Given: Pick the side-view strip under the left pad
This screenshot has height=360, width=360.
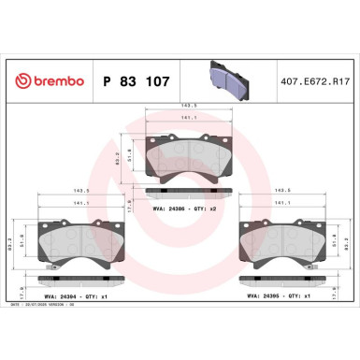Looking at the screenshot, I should tap(77, 279).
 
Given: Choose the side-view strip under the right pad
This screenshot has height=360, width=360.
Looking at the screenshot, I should tap(284, 279).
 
